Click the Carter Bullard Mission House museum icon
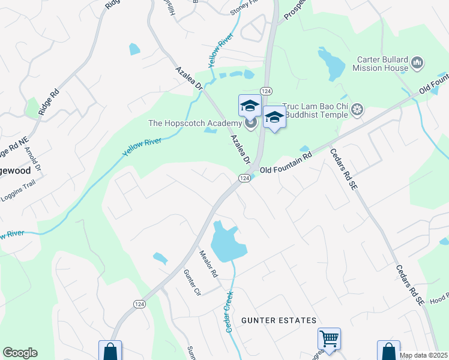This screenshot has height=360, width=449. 418,62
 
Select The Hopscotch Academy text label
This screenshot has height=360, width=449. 194,124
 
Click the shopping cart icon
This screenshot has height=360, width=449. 329,339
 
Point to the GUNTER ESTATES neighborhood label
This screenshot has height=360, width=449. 279,321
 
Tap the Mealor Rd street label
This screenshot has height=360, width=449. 208,263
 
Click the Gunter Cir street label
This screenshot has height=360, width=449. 191,283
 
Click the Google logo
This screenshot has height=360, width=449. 20,353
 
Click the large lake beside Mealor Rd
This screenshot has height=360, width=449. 227,241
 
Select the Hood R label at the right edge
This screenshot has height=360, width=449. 439,296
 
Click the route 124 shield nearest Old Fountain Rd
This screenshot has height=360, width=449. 244,178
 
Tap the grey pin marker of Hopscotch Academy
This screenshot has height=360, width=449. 251,124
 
